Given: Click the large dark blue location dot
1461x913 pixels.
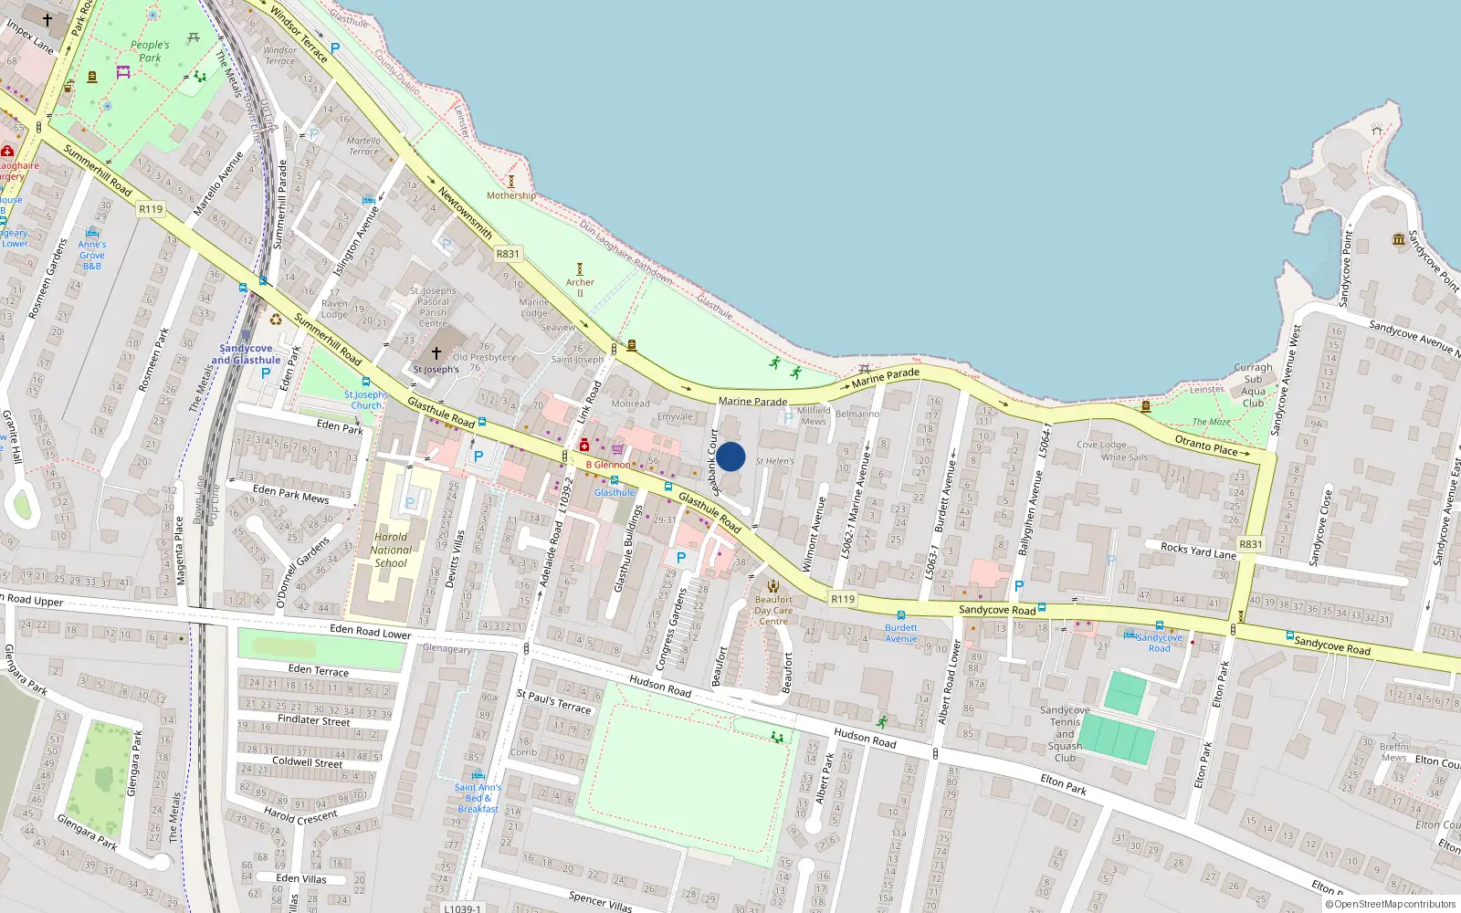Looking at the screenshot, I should (730, 456).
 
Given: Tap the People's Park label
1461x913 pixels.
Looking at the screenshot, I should (150, 51).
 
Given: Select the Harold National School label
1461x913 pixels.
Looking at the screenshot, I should (391, 550).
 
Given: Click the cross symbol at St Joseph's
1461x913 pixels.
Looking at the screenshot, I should (436, 353).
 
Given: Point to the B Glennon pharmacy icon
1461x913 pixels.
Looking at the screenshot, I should (584, 446).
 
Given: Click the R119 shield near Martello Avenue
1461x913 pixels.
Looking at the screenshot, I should (151, 209).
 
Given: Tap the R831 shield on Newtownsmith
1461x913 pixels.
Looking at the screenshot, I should (508, 254).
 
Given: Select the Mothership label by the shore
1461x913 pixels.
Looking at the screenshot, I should (511, 195).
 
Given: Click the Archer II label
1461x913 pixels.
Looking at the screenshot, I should (580, 288).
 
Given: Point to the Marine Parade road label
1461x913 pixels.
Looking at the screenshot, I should (752, 401).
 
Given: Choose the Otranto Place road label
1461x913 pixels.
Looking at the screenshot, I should (1205, 445).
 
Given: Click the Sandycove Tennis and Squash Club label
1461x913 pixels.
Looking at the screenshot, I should (1065, 733).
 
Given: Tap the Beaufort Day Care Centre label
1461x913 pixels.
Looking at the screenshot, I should (773, 610).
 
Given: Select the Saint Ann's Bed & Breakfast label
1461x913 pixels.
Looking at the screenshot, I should (478, 798).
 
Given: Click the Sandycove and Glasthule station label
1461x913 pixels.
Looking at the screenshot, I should (246, 354).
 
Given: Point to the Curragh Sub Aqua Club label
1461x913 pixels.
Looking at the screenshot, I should (1253, 384).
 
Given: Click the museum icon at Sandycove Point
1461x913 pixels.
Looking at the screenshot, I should (1399, 239).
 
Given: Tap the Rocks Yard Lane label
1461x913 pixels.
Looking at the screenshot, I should (1198, 551).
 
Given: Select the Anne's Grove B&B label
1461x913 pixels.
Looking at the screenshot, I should (91, 255).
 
